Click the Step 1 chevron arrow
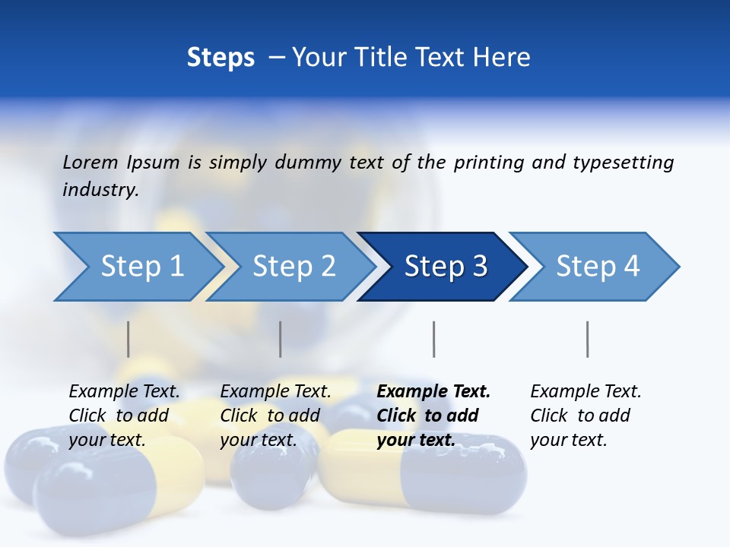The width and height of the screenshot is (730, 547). [141, 266]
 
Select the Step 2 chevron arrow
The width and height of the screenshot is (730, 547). [293, 266]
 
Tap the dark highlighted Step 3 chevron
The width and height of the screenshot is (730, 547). [445, 266]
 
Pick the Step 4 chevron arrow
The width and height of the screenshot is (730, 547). [597, 266]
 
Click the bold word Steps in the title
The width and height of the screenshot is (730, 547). [221, 58]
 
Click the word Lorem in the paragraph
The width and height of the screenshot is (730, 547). [90, 162]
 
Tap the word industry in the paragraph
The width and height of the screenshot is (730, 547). [100, 189]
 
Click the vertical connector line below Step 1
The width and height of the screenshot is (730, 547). [129, 339]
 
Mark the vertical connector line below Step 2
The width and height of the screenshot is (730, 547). [281, 339]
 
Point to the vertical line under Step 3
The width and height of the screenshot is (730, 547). [434, 339]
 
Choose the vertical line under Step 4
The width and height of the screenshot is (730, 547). [588, 339]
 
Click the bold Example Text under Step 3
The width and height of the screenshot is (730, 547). [433, 391]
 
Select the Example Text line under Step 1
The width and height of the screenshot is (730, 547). [124, 391]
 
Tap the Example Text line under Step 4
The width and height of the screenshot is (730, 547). [586, 391]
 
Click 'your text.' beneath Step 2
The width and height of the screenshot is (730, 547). [258, 440]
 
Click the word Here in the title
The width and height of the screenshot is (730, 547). [502, 58]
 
